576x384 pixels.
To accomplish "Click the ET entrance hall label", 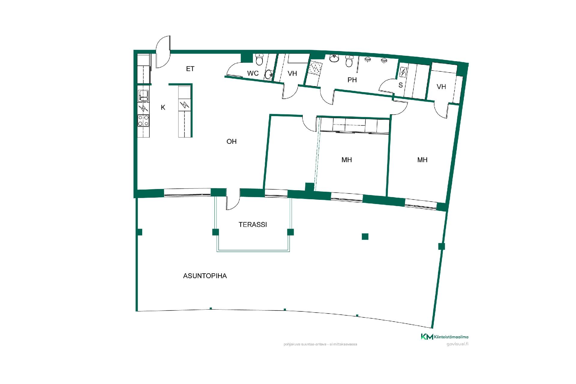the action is click(x=190, y=69).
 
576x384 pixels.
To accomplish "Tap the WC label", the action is click(x=253, y=73).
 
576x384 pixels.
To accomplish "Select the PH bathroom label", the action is click(x=352, y=80).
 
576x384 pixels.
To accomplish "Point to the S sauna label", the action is click(x=400, y=85).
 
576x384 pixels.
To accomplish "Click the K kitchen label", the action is click(x=163, y=107).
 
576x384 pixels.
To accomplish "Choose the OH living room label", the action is click(x=232, y=141).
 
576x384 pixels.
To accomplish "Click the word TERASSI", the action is click(x=253, y=224).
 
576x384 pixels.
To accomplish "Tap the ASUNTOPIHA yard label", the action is click(x=205, y=276).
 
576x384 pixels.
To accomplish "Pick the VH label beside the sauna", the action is click(x=441, y=87).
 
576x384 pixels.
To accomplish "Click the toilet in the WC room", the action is click(x=259, y=59).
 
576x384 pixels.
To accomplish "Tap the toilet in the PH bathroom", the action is click(x=349, y=61).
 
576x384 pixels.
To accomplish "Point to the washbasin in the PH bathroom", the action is click(x=334, y=58).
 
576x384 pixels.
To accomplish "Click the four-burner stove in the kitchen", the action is click(x=143, y=121).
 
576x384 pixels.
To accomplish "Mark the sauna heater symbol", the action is click(x=403, y=72).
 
